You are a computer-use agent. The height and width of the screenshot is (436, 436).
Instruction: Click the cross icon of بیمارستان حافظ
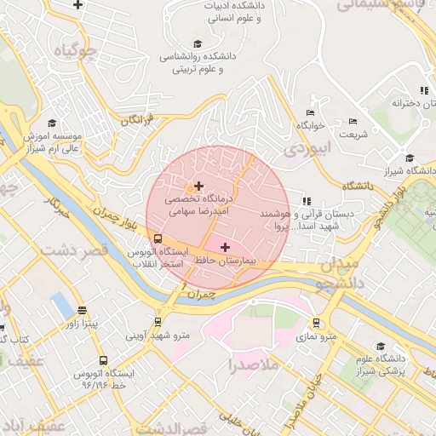coord(225,247)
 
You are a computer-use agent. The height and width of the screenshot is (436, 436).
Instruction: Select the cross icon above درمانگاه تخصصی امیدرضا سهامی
coord(198,186)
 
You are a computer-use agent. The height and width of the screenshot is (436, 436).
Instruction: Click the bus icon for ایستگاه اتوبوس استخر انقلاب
coord(157,239)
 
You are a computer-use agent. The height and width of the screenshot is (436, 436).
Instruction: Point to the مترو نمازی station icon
coord(317,324)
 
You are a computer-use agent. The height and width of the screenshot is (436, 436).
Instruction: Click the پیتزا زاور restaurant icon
coord(82,311)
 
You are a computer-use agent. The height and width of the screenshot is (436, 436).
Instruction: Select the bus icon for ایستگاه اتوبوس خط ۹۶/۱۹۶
coord(103,360)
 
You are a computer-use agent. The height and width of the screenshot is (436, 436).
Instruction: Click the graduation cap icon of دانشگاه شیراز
coord(410,158)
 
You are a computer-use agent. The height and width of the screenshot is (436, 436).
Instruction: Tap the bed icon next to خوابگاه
coord(310,112)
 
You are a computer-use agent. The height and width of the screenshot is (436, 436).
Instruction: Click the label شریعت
coord(353,134)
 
